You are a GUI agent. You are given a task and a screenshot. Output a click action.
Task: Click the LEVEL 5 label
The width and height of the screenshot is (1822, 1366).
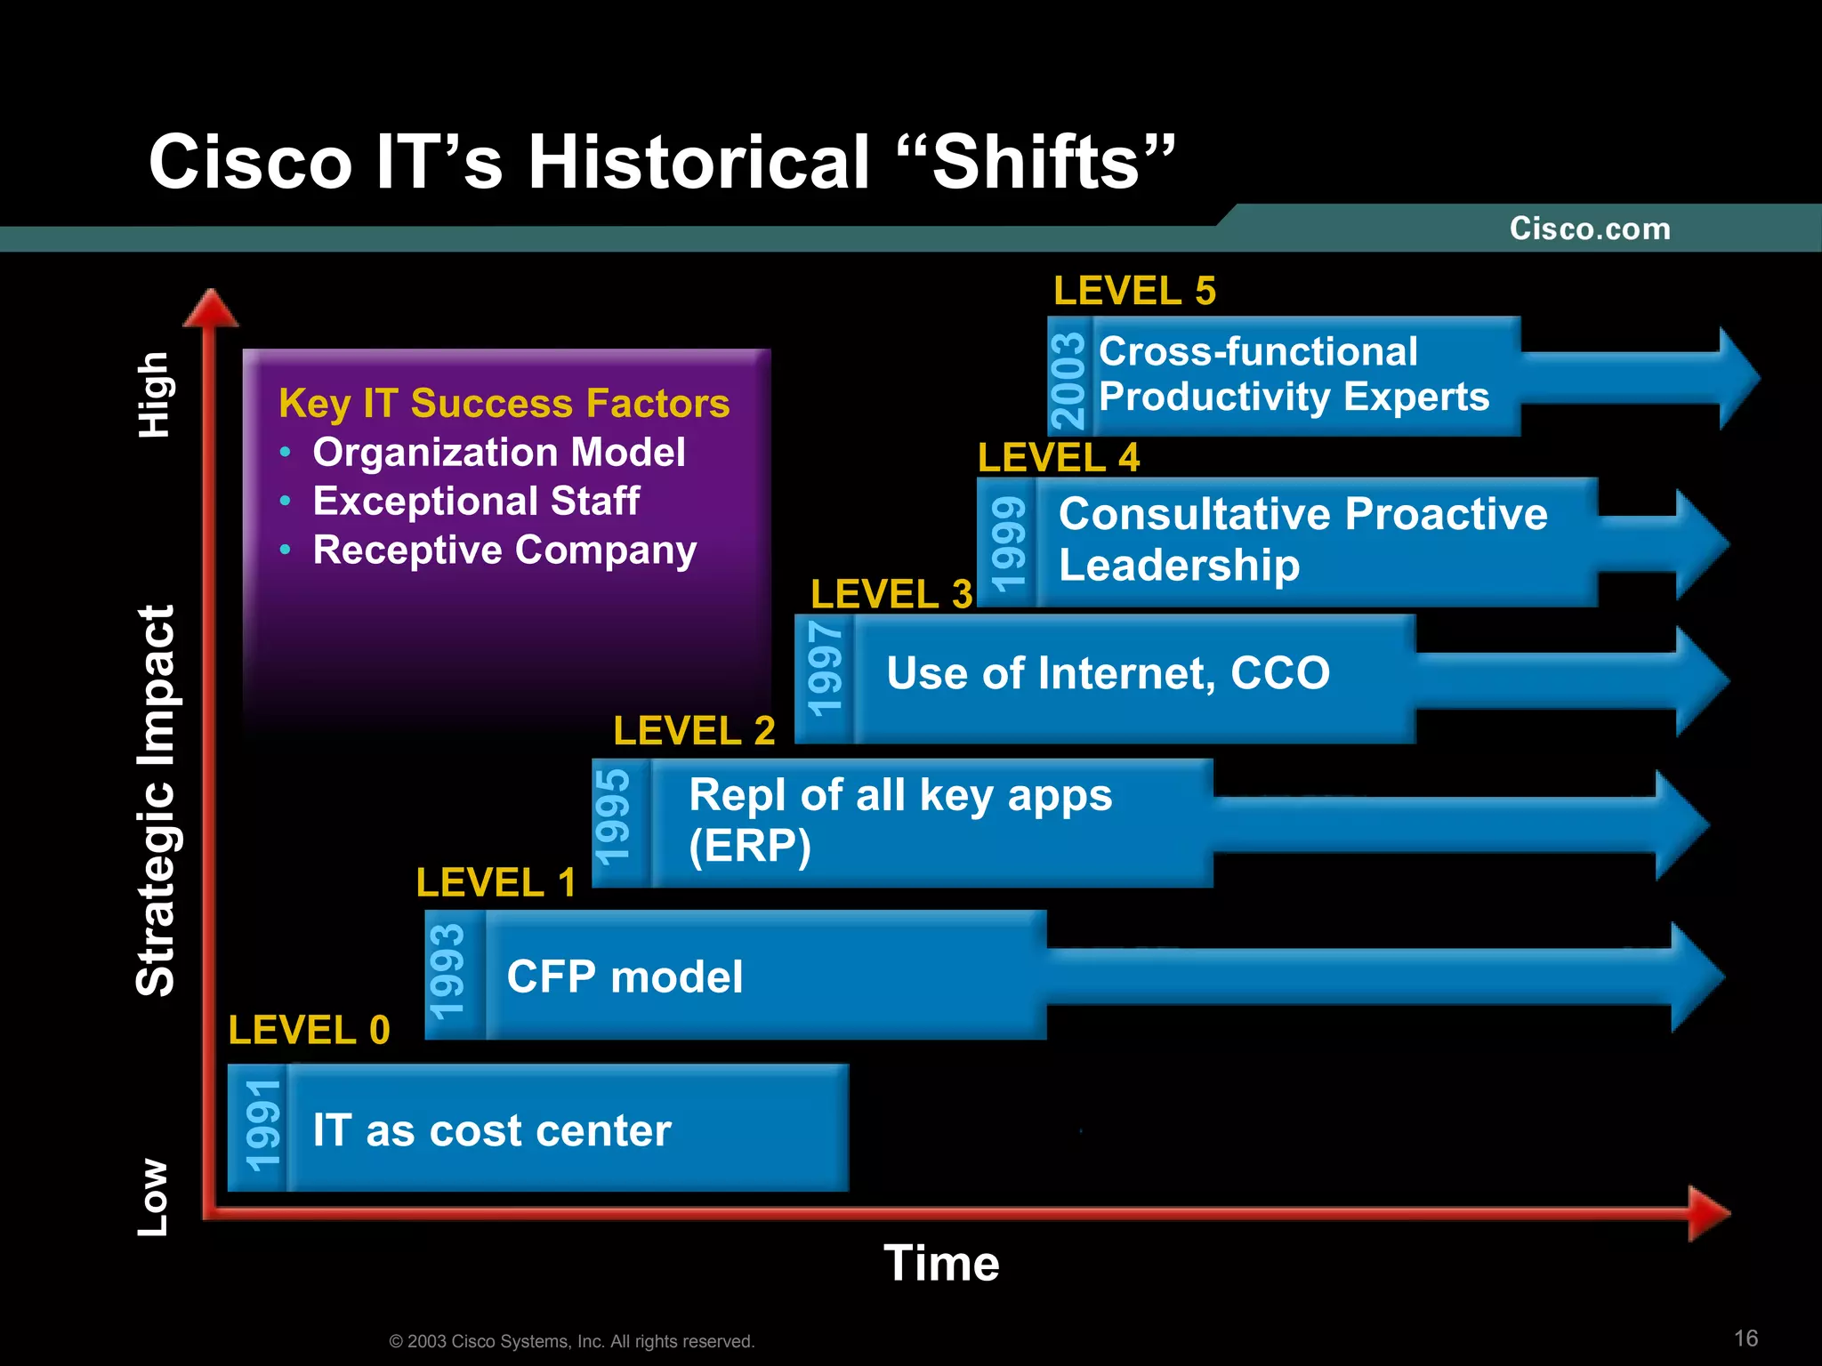coord(1134,291)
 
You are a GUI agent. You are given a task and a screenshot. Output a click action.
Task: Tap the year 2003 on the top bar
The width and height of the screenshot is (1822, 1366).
coord(1068,380)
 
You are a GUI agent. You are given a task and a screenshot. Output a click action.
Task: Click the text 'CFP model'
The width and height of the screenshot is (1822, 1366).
coord(625,976)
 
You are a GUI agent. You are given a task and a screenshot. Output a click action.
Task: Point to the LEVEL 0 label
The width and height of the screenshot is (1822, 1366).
coord(309,1030)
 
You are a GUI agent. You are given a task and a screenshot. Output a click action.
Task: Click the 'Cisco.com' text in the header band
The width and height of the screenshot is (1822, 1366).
coord(1590,229)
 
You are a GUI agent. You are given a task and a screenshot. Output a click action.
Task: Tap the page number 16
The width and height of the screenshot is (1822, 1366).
coord(1745,1338)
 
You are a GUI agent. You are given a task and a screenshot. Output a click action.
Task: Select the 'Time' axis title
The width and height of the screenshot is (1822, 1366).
coord(941,1263)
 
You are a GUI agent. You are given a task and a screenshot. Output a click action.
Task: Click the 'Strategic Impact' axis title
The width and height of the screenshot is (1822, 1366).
coord(157,800)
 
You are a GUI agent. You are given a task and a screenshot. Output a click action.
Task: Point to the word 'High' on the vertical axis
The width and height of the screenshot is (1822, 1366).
coord(154,395)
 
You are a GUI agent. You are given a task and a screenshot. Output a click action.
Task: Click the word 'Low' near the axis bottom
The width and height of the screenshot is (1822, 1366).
coord(153,1197)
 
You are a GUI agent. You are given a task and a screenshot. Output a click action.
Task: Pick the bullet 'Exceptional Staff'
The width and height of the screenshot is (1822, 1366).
coord(476,501)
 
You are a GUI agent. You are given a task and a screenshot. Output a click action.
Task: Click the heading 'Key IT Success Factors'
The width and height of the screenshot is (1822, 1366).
coord(504,403)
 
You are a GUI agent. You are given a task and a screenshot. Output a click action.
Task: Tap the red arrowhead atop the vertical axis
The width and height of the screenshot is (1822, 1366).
coord(210,309)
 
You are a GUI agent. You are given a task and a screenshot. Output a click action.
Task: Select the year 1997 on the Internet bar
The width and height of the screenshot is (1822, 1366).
coord(825,669)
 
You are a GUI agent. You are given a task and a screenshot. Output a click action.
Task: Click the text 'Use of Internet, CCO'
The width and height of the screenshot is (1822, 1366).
coord(1108,672)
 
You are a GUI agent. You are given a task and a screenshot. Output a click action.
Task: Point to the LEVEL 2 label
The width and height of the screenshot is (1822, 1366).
coord(694,731)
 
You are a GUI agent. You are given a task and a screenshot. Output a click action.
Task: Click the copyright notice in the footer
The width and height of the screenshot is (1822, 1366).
coord(571,1341)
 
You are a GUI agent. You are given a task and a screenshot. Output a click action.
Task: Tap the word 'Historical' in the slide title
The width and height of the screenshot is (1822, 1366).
coord(698,162)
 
